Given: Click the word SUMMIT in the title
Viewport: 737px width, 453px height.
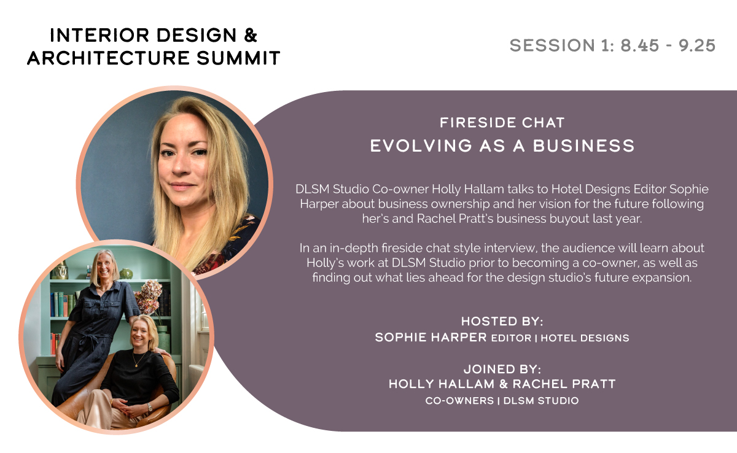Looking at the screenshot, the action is tap(238, 58).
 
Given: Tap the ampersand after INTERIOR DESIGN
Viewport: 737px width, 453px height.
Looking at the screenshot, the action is tap(251, 35).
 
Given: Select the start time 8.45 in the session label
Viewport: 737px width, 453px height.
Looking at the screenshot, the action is tap(639, 45).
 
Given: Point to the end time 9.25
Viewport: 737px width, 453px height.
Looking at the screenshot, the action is tap(697, 45).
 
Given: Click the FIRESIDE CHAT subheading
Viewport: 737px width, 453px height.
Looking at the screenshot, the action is tap(502, 123).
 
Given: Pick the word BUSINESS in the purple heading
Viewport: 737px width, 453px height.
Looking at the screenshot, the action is tap(583, 145).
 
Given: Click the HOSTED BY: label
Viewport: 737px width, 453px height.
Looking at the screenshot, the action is tap(502, 321).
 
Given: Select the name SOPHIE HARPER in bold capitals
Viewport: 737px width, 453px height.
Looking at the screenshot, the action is tap(431, 337).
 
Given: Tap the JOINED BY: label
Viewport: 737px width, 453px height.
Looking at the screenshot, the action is tap(502, 369).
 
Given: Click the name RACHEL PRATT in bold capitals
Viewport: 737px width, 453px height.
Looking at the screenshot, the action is tap(564, 384).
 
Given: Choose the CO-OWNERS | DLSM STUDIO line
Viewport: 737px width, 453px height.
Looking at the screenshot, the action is tap(502, 401).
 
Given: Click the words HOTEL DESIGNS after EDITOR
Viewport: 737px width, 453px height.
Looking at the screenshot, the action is tap(585, 338).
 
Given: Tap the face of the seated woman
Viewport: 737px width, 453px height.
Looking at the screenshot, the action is tap(140, 335).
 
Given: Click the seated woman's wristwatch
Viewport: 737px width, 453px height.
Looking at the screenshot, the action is tap(150, 408).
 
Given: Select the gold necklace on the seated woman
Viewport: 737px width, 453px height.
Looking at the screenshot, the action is tap(138, 359).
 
